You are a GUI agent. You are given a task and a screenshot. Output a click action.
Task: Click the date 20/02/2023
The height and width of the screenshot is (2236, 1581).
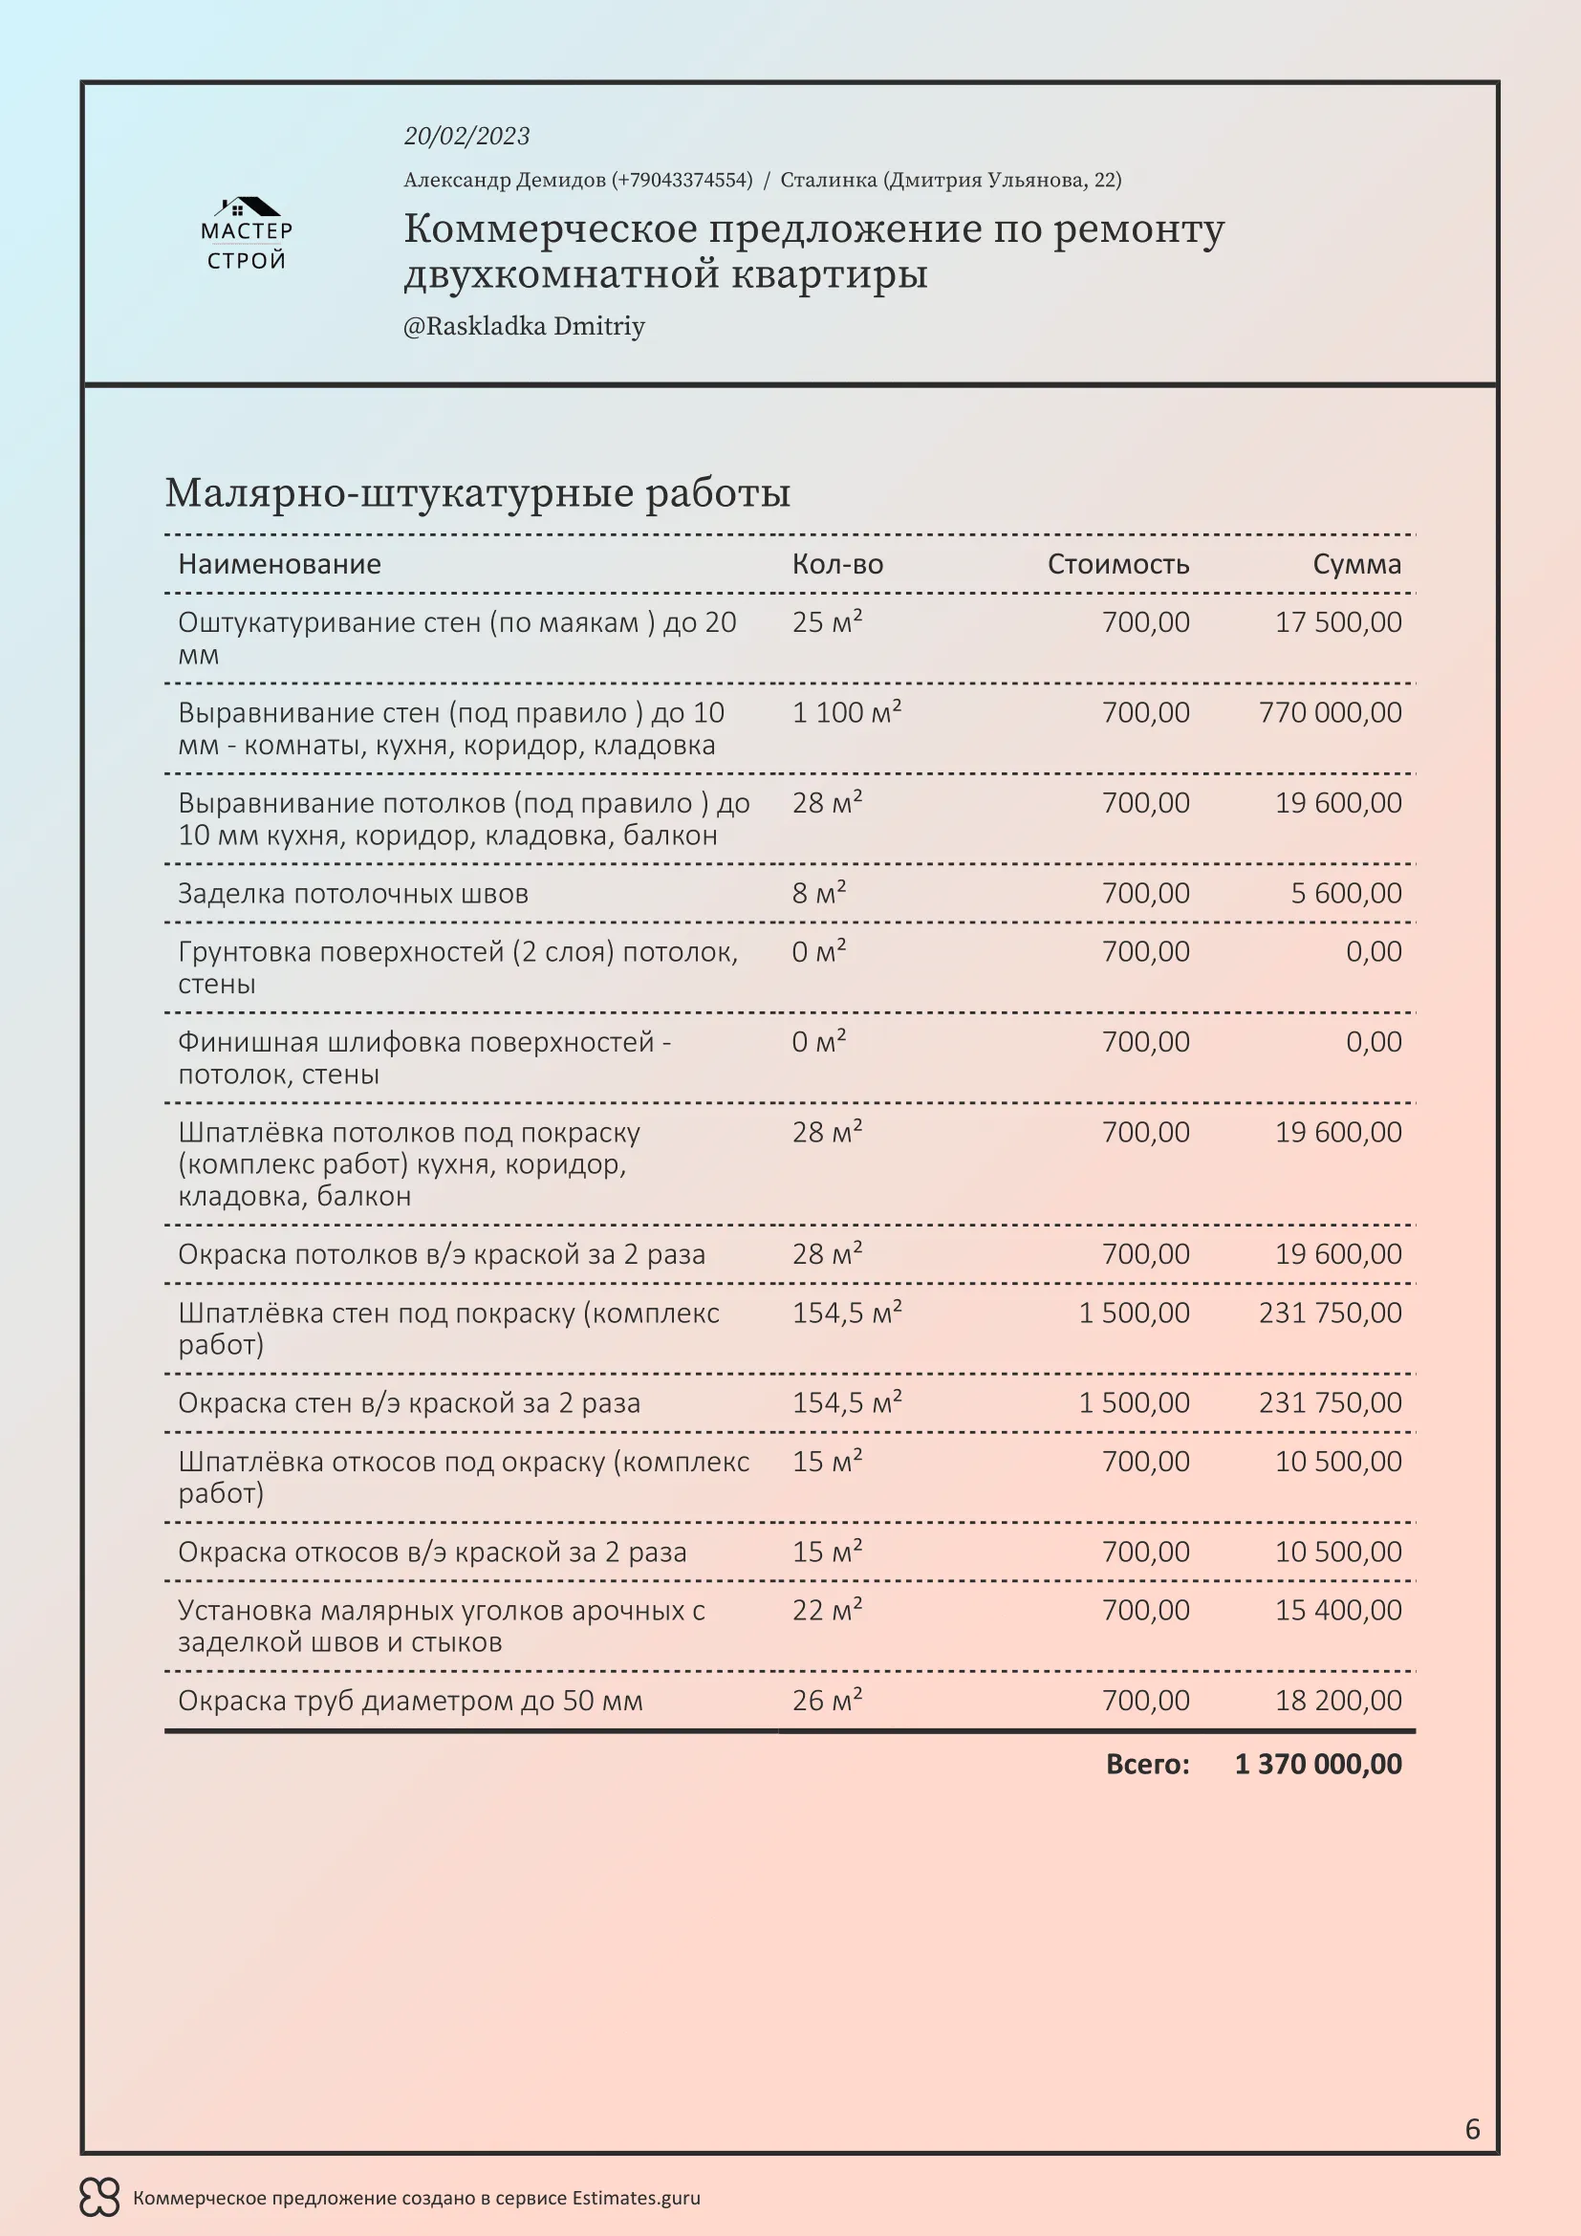[466, 137]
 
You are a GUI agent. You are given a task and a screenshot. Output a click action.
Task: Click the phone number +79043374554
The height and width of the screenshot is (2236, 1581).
[682, 180]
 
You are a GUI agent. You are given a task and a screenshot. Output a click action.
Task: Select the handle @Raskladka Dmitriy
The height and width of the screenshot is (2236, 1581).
[524, 326]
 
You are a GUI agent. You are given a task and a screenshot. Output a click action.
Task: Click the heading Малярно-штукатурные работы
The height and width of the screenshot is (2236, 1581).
[477, 492]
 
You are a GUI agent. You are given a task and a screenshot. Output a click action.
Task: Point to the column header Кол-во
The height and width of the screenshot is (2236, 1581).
[837, 565]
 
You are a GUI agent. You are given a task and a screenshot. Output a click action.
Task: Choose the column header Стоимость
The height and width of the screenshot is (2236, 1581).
[1117, 565]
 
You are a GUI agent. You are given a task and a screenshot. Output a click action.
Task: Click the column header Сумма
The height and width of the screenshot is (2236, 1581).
[1356, 565]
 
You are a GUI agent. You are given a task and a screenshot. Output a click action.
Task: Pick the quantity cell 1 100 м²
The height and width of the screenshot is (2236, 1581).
[846, 713]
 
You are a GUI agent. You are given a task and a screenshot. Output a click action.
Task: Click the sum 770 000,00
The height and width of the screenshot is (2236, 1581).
[1330, 713]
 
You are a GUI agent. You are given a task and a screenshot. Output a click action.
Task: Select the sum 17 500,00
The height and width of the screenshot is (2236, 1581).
[1337, 622]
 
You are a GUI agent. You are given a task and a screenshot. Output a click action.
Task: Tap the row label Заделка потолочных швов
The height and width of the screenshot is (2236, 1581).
[353, 894]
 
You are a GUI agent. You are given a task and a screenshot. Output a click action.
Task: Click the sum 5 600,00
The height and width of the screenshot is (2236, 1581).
[1346, 894]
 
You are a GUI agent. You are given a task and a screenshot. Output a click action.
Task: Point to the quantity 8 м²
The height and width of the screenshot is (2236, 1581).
[819, 894]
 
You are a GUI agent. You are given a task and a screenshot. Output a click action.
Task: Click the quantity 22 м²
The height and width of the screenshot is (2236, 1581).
[827, 1611]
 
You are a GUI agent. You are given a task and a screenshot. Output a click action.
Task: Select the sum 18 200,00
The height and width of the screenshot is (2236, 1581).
[1337, 1702]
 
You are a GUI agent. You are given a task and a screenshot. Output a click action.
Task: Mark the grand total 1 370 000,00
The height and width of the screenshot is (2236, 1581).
[1318, 1765]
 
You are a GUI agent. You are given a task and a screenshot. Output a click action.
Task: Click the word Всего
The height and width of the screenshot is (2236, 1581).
[1147, 1765]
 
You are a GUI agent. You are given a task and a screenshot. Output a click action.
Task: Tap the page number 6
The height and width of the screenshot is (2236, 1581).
[1472, 2130]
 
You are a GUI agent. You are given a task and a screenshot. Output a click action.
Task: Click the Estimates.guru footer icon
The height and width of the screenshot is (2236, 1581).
[99, 2198]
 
